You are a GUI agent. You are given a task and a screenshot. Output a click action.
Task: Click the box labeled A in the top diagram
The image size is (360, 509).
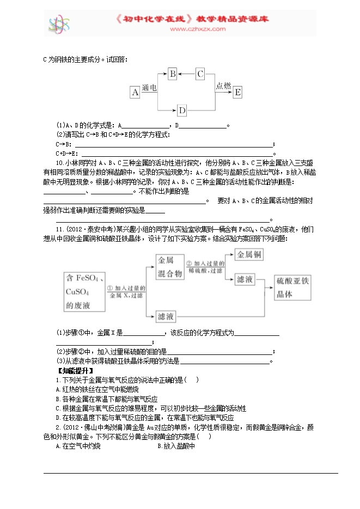135,92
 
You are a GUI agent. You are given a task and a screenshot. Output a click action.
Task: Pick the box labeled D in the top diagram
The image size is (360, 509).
182,111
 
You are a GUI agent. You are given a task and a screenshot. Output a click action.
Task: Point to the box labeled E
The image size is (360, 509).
237,92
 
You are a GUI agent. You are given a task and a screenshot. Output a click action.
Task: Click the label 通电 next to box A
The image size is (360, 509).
149,87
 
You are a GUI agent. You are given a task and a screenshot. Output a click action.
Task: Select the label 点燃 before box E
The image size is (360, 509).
223,85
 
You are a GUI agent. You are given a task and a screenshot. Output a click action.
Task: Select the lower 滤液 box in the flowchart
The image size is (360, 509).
166,316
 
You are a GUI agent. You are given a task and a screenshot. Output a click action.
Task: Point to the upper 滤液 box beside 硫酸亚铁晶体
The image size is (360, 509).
246,279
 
